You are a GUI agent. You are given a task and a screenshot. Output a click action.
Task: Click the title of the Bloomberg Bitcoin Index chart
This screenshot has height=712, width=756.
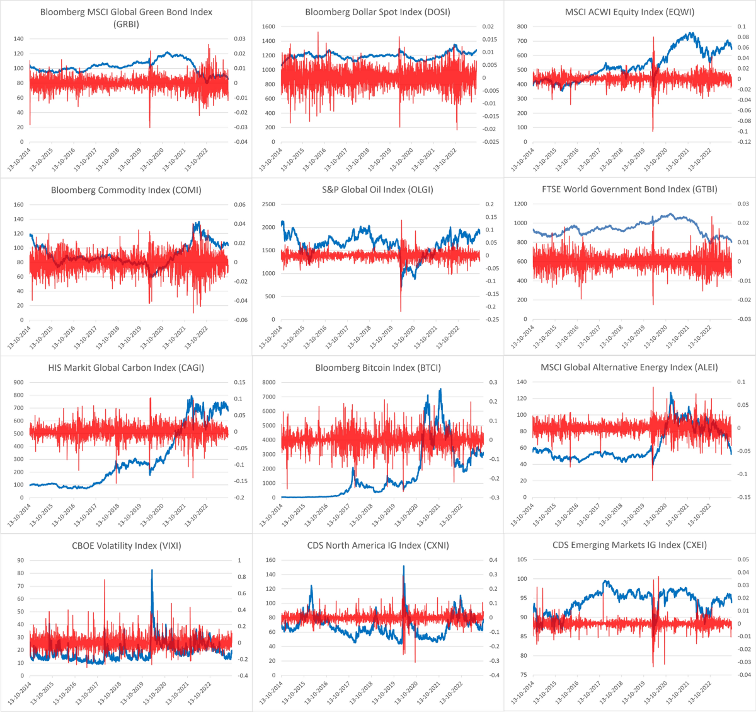[378, 368]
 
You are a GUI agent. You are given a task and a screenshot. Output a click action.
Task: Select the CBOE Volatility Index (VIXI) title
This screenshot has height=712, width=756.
[126, 546]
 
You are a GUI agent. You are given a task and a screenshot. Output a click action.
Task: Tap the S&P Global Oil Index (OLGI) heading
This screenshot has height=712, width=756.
[378, 189]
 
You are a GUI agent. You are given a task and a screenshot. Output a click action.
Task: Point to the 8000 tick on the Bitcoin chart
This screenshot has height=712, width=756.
[268, 383]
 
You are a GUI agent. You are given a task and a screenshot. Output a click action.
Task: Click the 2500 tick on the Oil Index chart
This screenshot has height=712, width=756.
[268, 205]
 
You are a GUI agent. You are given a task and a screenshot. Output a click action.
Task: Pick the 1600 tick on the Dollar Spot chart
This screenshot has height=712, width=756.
[268, 27]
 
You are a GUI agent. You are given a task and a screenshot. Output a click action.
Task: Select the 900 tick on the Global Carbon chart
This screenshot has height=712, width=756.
[19, 383]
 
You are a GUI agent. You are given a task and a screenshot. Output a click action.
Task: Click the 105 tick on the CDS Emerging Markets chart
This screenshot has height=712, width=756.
[522, 560]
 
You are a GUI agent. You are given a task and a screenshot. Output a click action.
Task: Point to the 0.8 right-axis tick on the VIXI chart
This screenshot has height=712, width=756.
[241, 577]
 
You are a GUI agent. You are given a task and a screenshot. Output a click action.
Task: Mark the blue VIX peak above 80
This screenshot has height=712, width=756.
[152, 570]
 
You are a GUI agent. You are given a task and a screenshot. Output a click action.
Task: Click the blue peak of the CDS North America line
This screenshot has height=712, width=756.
[403, 566]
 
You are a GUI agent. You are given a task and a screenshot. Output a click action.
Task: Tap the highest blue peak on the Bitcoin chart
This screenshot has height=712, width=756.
[440, 389]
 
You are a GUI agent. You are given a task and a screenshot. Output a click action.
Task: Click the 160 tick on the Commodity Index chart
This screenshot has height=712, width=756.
[18, 205]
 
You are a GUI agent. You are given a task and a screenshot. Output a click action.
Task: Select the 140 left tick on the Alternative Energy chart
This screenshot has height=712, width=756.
[521, 382]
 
